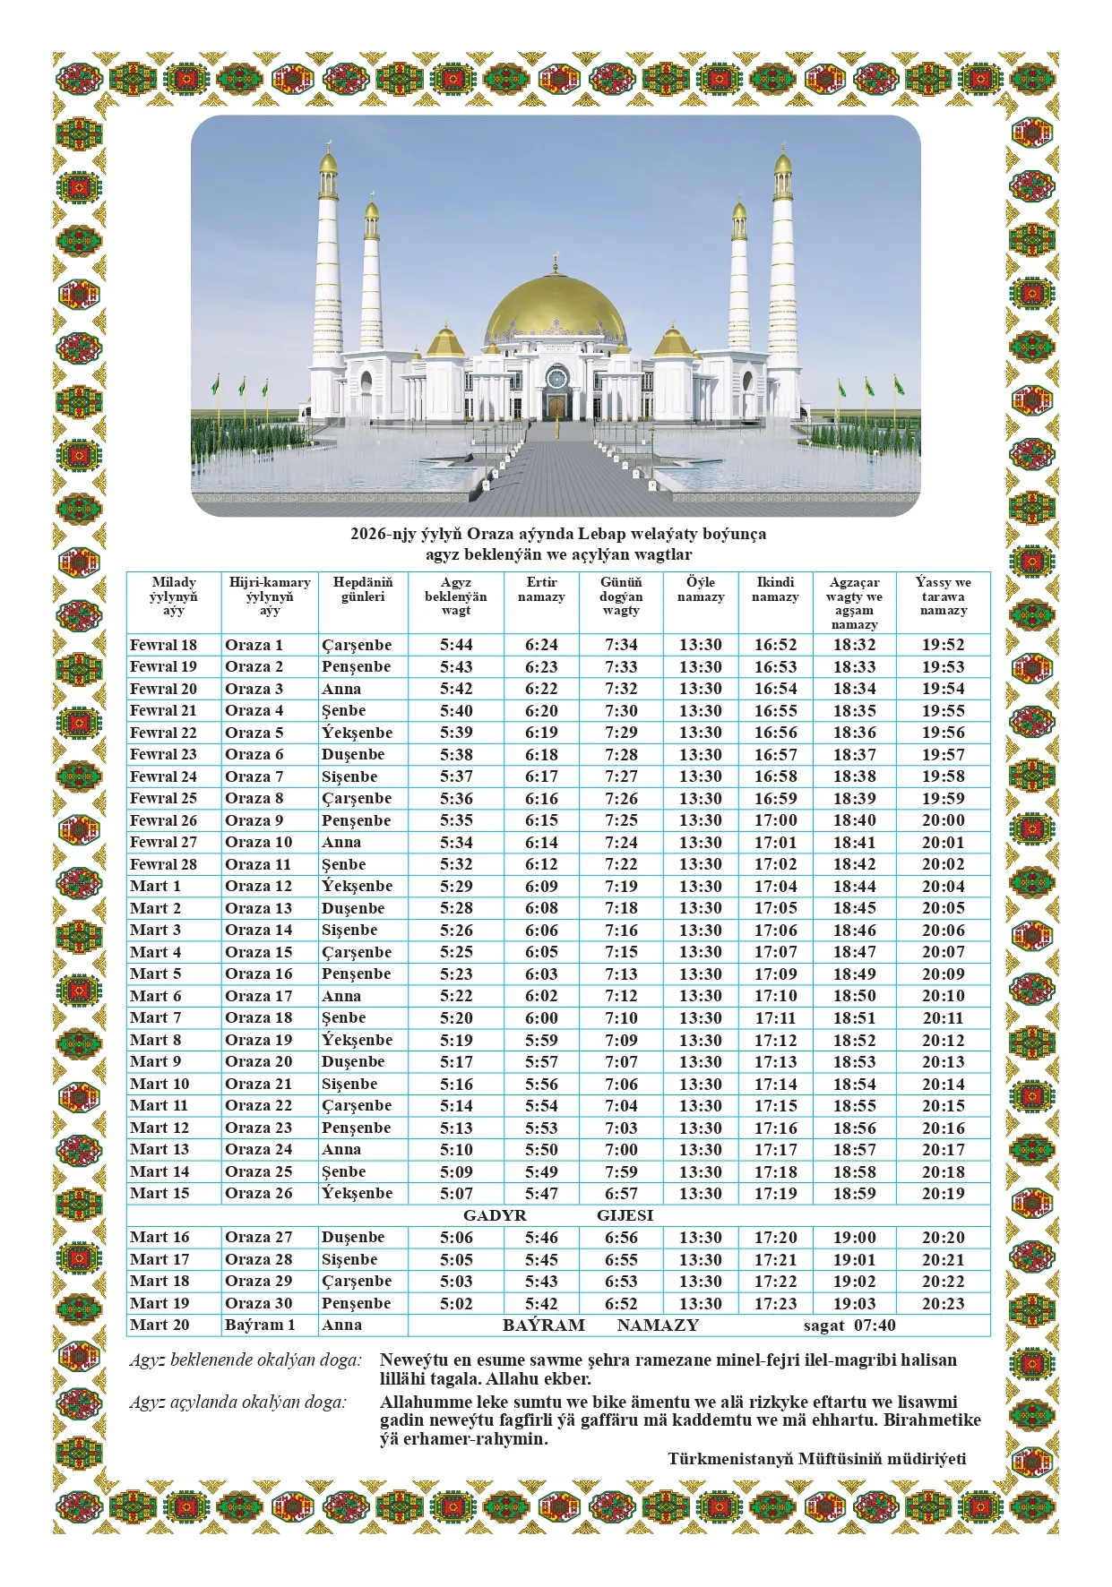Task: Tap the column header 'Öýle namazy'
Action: click(x=700, y=589)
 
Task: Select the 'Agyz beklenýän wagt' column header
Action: click(x=455, y=596)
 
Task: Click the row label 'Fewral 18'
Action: click(x=163, y=645)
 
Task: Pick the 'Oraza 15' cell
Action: click(x=258, y=952)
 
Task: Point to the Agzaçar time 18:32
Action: click(x=854, y=645)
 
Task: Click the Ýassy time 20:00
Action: click(x=943, y=820)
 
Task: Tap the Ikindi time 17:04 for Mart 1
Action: click(x=775, y=886)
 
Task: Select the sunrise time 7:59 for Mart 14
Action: click(x=621, y=1171)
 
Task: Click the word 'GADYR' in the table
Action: click(x=495, y=1215)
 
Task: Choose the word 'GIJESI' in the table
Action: click(x=625, y=1215)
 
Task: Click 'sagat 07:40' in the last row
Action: click(x=849, y=1325)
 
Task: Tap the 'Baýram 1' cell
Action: click(x=260, y=1325)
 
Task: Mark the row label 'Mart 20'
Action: click(x=159, y=1325)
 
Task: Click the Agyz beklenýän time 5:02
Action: click(x=455, y=1304)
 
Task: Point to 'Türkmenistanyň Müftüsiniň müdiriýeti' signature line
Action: click(x=816, y=1459)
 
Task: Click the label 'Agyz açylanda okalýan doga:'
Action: click(x=237, y=1403)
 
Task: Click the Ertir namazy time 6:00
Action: click(x=541, y=1018)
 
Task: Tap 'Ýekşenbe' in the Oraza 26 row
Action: click(x=357, y=1194)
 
